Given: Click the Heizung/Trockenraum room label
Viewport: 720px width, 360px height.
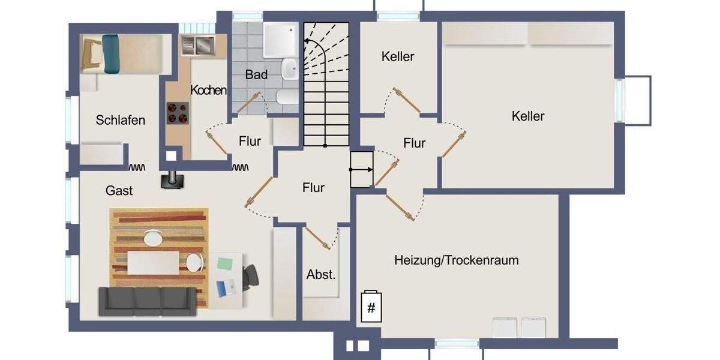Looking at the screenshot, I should [456, 260].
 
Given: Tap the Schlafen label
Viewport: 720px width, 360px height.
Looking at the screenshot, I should [121, 120].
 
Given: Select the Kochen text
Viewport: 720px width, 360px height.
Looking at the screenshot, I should [209, 90].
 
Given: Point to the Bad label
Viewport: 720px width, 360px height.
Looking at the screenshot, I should [256, 75].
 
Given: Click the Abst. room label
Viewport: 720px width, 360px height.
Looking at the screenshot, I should [321, 275].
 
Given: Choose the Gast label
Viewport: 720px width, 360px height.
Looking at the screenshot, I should [119, 191].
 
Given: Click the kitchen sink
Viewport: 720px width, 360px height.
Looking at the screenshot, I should [197, 44].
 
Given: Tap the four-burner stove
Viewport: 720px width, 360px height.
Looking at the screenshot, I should [178, 113].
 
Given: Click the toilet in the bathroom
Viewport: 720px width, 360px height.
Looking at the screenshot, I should [284, 97].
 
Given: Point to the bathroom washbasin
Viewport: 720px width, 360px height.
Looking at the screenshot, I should [290, 68].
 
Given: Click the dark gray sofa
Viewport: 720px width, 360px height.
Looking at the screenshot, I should [147, 301].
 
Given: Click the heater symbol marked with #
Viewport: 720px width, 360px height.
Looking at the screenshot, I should [371, 307].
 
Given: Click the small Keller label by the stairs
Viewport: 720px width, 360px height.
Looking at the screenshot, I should [398, 57].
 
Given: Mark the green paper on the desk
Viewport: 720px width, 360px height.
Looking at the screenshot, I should [224, 263].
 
